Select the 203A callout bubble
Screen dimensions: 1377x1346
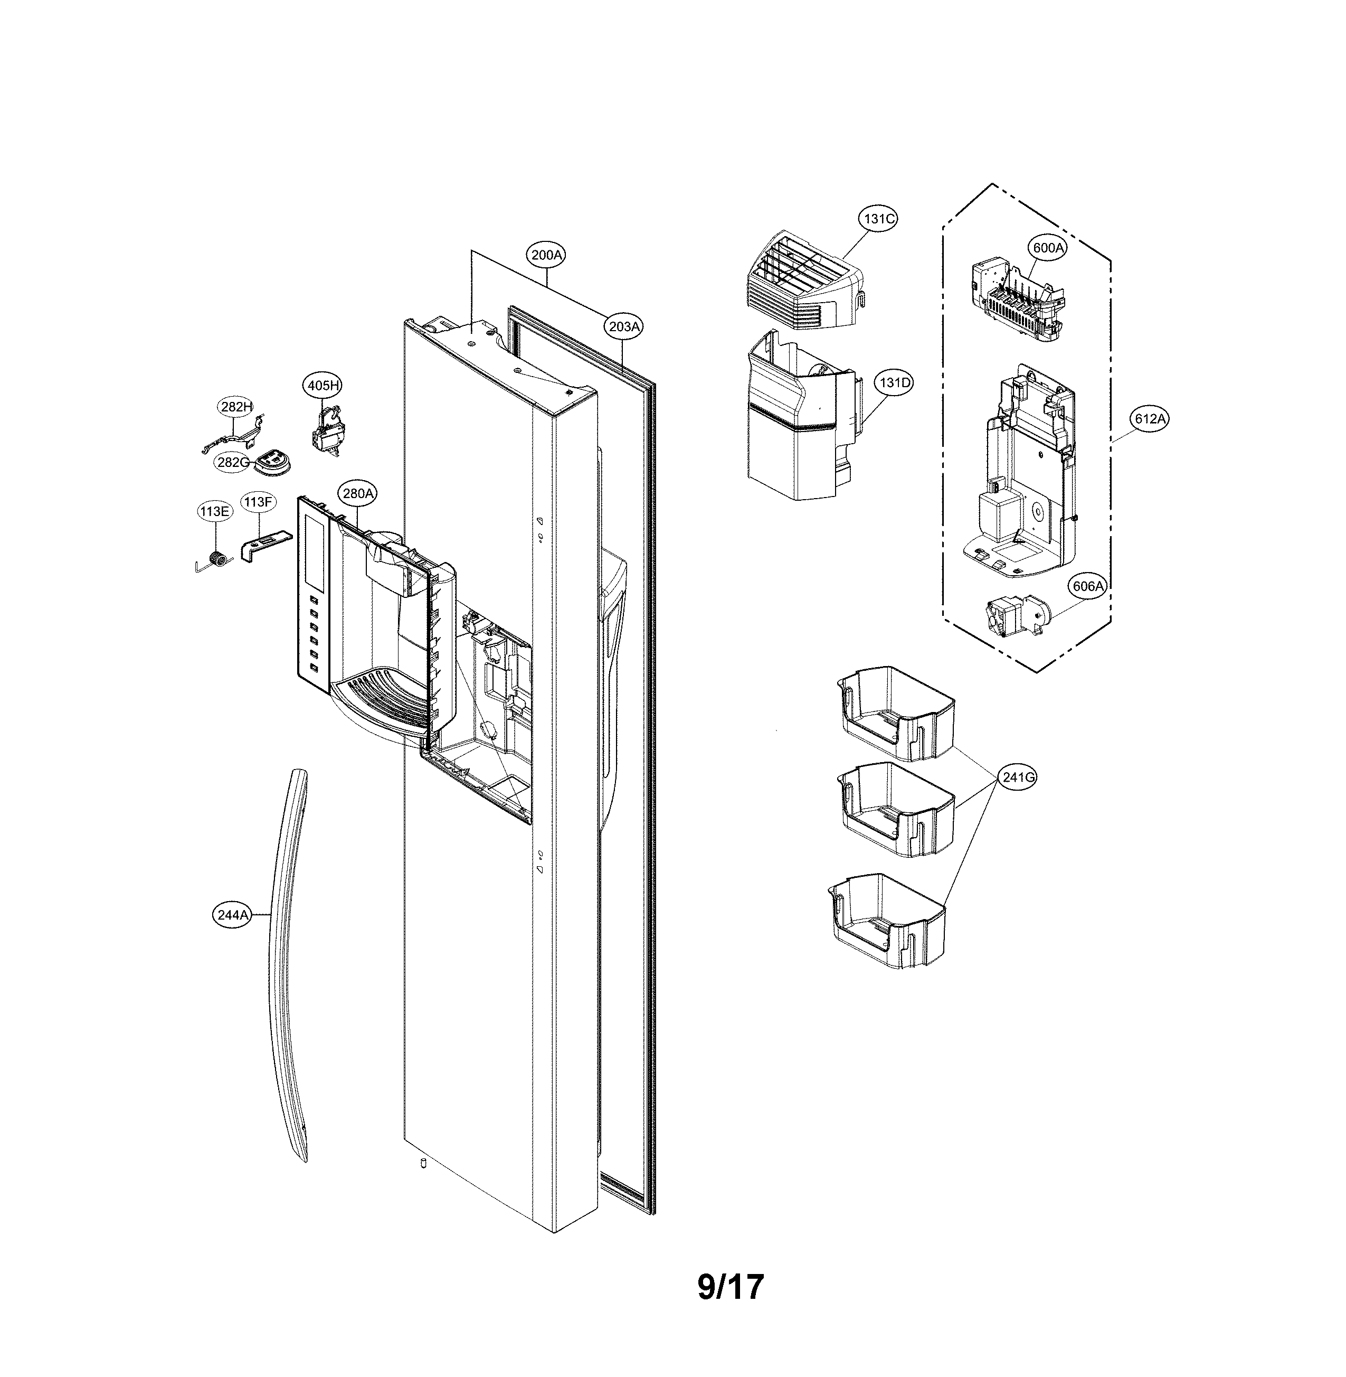pos(624,326)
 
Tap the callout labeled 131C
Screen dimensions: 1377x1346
pos(879,219)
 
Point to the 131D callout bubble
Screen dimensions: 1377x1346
pos(894,382)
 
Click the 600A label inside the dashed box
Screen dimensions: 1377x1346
pos(1048,248)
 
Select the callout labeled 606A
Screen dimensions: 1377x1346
pos(1087,586)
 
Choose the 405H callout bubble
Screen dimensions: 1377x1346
pos(323,386)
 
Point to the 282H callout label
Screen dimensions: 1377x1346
pos(235,407)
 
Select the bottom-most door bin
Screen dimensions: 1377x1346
pos(887,920)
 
